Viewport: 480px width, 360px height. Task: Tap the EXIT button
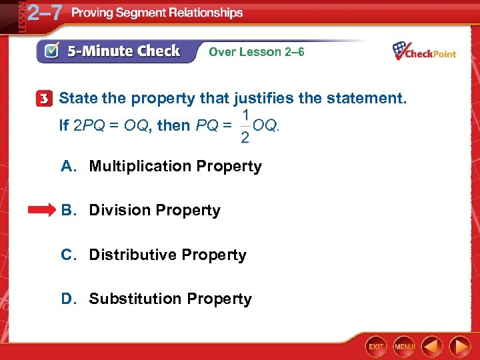point(376,347)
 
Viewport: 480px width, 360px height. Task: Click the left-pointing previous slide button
point(433,347)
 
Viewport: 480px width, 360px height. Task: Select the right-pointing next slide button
point(460,347)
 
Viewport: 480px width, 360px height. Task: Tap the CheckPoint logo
point(424,51)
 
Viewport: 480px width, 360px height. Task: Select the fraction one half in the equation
point(245,127)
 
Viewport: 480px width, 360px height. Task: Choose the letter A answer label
point(67,166)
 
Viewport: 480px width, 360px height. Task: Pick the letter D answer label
point(67,299)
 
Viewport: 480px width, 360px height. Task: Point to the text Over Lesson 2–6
point(257,51)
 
